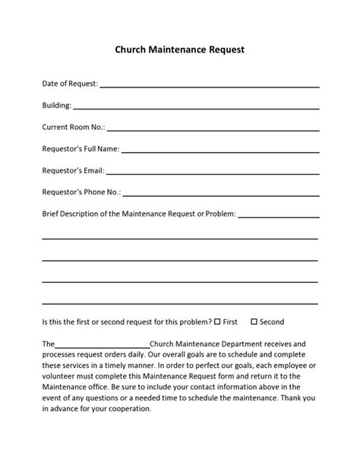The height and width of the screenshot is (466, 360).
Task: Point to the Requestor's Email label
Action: point(73,170)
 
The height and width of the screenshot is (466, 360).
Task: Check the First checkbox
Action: point(217,322)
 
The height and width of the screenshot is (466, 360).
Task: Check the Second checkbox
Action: point(254,322)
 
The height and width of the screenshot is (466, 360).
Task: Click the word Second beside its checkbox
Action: point(272,322)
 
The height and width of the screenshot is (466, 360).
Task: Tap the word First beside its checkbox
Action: point(231,322)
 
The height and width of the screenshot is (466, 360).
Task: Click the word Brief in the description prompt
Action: point(52,214)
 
